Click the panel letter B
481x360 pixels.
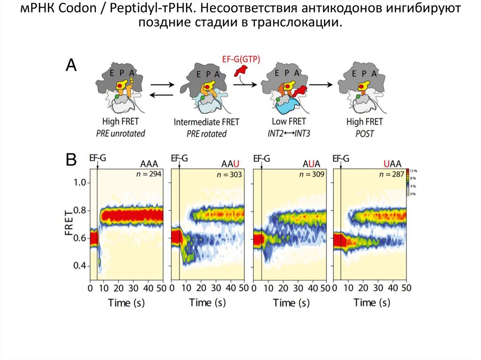pos(70,161)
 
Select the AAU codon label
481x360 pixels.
pos(230,164)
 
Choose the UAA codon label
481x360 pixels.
pos(392,164)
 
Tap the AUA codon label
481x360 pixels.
pos(311,164)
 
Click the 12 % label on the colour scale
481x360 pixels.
pos(414,171)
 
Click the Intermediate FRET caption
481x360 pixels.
pos(206,122)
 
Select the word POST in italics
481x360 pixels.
pos(365,134)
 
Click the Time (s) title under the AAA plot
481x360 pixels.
pos(126,303)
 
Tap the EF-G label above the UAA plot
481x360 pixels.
pos(341,158)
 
